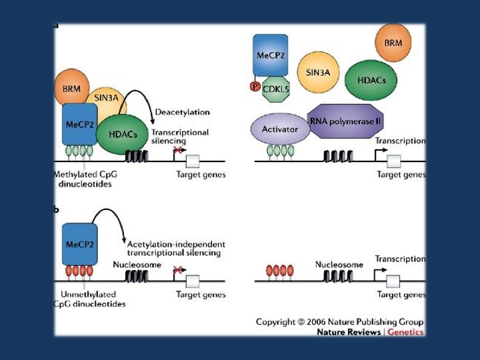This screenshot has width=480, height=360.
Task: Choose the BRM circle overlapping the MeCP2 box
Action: pyautogui.click(x=72, y=87)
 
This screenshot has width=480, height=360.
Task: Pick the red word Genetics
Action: pyautogui.click(x=405, y=332)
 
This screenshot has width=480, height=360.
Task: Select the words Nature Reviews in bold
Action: pyautogui.click(x=349, y=332)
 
